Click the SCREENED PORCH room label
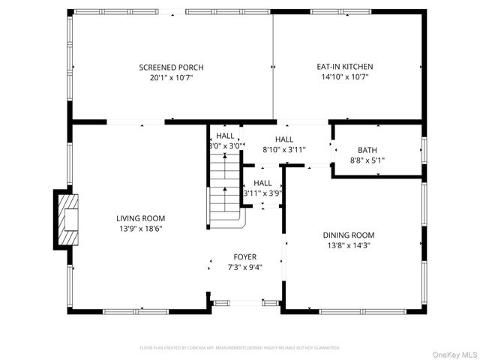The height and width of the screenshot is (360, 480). click(x=171, y=67)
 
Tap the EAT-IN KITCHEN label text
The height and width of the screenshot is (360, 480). click(x=344, y=67)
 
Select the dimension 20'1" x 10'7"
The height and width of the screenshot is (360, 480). click(x=171, y=77)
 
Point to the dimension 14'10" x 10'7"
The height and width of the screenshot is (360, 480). click(x=344, y=77)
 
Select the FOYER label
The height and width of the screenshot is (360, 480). click(x=244, y=256)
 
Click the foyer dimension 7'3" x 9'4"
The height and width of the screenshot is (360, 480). click(x=244, y=266)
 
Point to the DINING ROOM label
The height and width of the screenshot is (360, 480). click(x=348, y=235)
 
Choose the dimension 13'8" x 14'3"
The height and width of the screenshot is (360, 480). click(x=348, y=245)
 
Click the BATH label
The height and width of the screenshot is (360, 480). click(x=367, y=150)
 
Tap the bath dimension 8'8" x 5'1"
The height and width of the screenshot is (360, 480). click(x=367, y=160)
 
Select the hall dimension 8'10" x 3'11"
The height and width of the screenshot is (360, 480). click(x=283, y=149)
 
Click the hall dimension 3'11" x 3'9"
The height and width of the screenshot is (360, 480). click(x=262, y=193)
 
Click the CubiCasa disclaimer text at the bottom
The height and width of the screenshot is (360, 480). click(x=240, y=348)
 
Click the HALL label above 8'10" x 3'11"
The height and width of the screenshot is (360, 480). click(x=283, y=139)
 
